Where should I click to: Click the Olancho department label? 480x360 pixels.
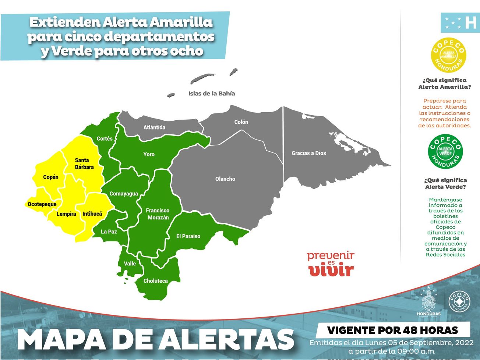[225, 179]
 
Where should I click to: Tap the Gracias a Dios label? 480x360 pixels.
[309, 153]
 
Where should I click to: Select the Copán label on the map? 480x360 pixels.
[51, 177]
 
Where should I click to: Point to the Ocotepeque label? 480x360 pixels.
[42, 204]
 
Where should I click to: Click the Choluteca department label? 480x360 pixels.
[155, 281]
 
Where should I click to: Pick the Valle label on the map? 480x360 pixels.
[130, 264]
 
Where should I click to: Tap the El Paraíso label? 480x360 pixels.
[188, 236]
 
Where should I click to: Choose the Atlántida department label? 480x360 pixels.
[154, 127]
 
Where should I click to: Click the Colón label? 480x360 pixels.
[241, 122]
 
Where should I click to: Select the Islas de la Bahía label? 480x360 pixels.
[212, 93]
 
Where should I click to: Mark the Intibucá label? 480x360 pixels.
[92, 214]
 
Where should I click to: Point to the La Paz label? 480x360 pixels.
[109, 232]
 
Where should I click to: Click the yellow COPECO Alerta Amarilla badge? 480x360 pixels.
[449, 55]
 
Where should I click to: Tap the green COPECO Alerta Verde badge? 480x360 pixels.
[445, 151]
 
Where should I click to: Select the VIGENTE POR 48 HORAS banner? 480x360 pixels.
[392, 330]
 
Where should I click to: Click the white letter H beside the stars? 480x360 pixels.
[470, 22]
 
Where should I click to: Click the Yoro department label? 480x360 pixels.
[149, 154]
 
